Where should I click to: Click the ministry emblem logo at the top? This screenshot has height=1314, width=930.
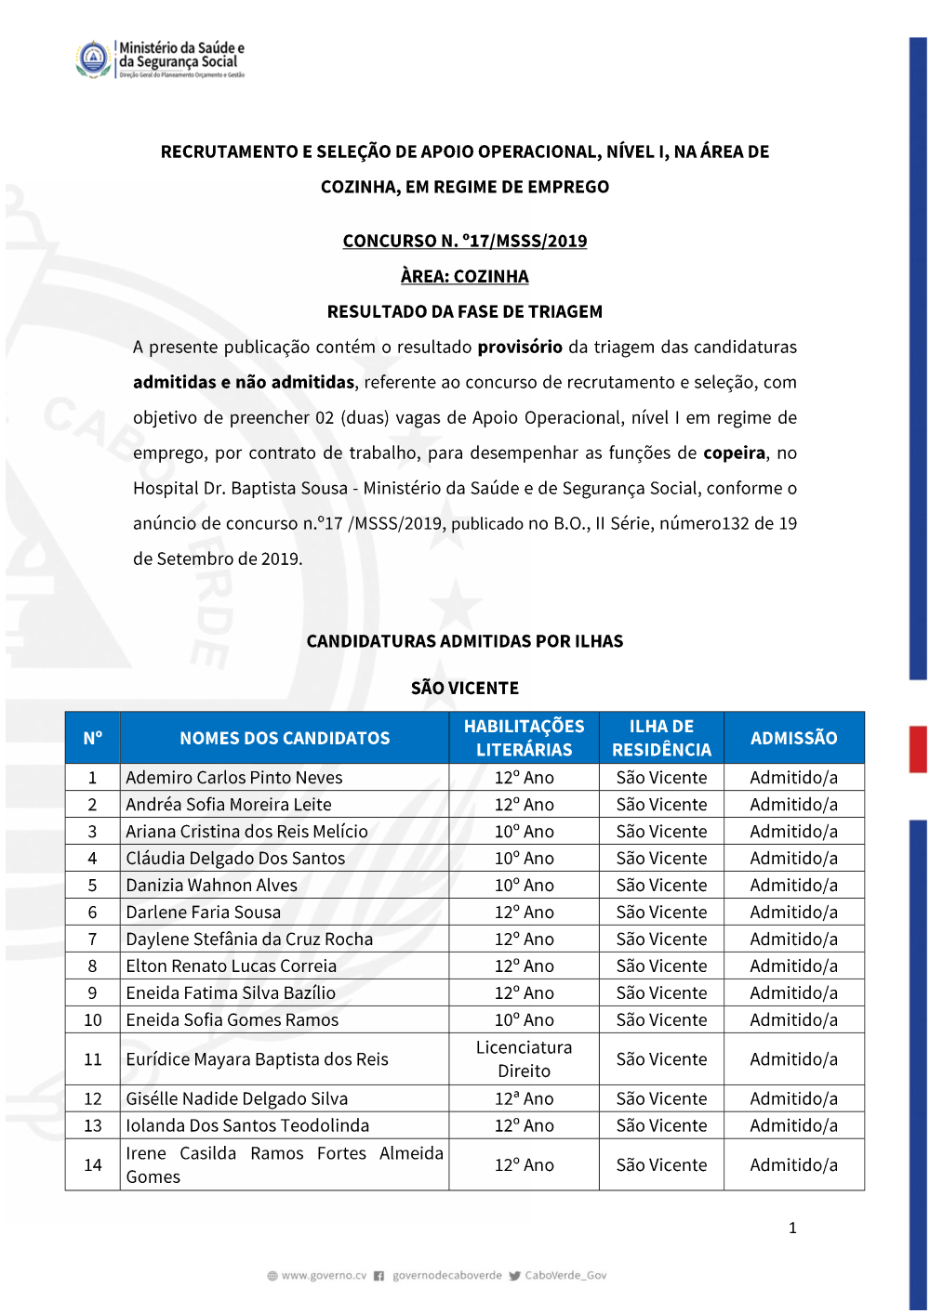pos(94,59)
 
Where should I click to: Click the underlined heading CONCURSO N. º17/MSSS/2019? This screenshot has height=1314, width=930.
pos(465,241)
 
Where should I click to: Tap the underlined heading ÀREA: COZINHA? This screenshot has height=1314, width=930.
pos(465,276)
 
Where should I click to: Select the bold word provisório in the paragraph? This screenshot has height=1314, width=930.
pos(520,347)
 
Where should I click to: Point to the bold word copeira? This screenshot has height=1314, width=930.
pos(734,453)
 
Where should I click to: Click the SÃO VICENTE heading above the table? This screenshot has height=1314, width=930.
pos(465,688)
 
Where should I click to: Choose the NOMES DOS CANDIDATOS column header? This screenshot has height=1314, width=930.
pos(285,738)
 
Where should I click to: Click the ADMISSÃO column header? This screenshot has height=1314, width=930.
pos(793,738)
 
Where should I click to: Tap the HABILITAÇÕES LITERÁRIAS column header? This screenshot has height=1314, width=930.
pos(524,738)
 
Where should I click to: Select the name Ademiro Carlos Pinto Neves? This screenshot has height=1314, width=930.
pos(234,777)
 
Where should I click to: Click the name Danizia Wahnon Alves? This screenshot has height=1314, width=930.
pos(212,885)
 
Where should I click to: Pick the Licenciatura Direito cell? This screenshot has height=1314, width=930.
pos(524,1058)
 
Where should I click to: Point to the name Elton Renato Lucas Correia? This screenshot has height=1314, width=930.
pos(232,966)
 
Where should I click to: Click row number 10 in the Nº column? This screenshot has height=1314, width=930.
pos(93,1019)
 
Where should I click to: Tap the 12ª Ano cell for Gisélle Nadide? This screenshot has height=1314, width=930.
pos(524,1098)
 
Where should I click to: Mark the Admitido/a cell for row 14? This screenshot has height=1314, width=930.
pos(793,1164)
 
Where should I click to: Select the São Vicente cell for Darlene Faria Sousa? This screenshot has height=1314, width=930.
pos(661,912)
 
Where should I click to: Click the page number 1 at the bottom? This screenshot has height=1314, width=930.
pos(792,1228)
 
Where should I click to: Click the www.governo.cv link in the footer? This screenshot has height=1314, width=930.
pos(324,1275)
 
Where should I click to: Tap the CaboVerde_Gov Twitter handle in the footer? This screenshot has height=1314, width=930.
pos(565,1275)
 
